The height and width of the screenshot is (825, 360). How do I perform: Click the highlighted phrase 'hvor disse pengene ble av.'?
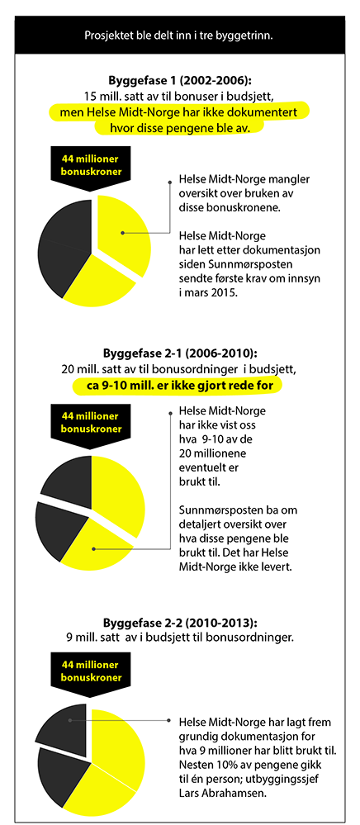(179, 128)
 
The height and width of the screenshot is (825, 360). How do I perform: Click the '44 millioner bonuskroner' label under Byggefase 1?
(91, 166)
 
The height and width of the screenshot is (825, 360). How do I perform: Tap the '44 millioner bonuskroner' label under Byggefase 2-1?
(91, 422)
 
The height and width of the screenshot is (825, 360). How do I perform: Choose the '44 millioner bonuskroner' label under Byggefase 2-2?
(91, 671)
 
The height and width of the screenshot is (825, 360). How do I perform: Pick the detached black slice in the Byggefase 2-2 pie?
(64, 727)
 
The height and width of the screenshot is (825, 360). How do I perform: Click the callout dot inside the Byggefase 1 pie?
(122, 232)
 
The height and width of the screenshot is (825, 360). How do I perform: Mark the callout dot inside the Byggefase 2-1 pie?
(94, 548)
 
